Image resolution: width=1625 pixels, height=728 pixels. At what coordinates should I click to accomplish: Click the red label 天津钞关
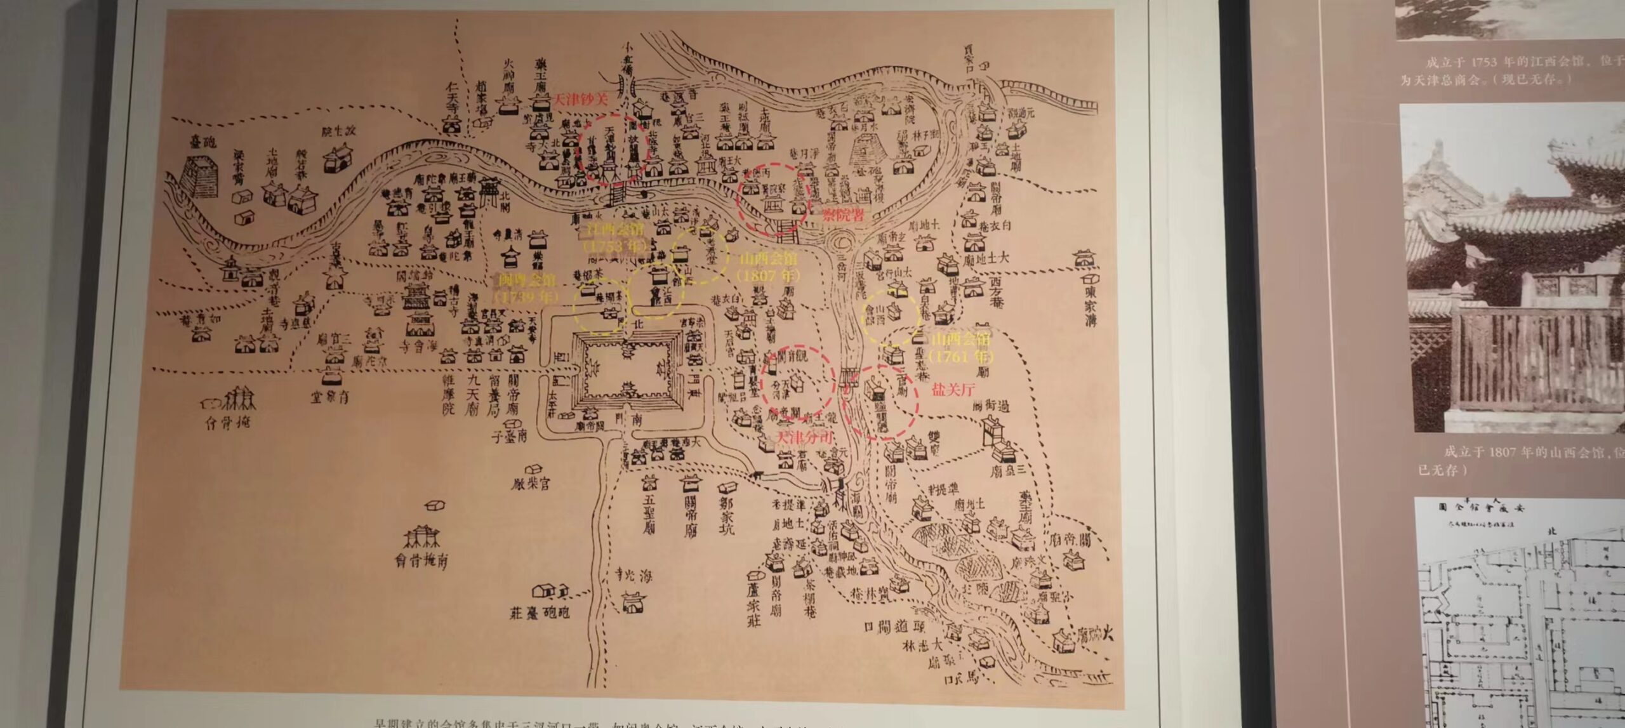581,100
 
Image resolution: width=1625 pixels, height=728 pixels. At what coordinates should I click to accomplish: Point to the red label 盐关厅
953,390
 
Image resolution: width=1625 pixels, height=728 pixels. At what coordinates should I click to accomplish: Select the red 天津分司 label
805,437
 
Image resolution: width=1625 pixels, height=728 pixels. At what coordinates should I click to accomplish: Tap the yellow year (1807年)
767,276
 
